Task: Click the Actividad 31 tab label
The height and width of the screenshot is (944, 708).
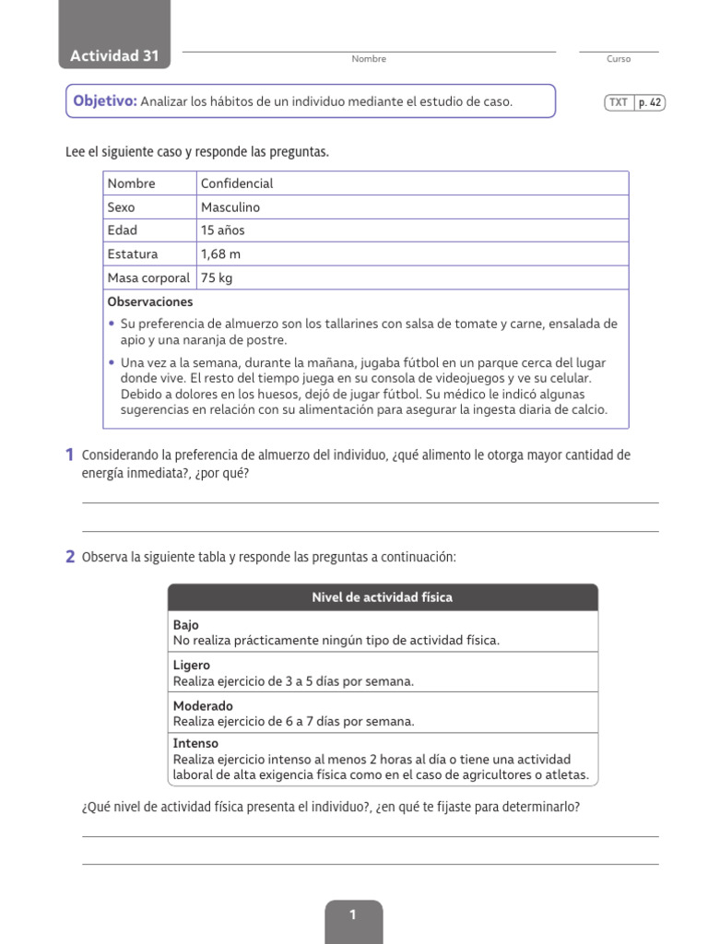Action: (x=114, y=56)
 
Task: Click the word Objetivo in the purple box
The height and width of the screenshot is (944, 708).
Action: (x=104, y=101)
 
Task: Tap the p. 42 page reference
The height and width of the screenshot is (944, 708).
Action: (x=650, y=103)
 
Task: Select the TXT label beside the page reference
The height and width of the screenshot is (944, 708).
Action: (x=618, y=103)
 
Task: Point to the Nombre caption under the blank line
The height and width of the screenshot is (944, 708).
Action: (x=369, y=59)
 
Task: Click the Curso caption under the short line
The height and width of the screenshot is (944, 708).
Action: (x=619, y=59)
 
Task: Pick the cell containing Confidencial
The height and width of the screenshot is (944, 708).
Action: (x=237, y=183)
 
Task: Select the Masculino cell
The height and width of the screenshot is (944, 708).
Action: (x=230, y=207)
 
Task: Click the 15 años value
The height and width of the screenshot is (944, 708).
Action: (x=223, y=230)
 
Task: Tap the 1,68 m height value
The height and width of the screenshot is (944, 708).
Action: (x=221, y=254)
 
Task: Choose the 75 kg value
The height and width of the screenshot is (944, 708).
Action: (x=217, y=277)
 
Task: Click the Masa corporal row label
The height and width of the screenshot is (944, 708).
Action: (x=148, y=277)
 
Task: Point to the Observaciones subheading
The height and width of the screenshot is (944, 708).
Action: (x=150, y=301)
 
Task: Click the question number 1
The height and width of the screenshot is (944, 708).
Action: (x=70, y=454)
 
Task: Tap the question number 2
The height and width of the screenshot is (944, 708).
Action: (x=70, y=557)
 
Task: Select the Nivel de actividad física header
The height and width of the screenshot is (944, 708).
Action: (x=383, y=597)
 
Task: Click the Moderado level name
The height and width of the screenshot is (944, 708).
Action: (x=203, y=706)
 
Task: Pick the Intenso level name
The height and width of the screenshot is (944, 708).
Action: (x=195, y=743)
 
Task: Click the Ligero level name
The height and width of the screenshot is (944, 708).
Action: (x=192, y=666)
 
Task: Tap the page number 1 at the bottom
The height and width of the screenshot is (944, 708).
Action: (x=353, y=915)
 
